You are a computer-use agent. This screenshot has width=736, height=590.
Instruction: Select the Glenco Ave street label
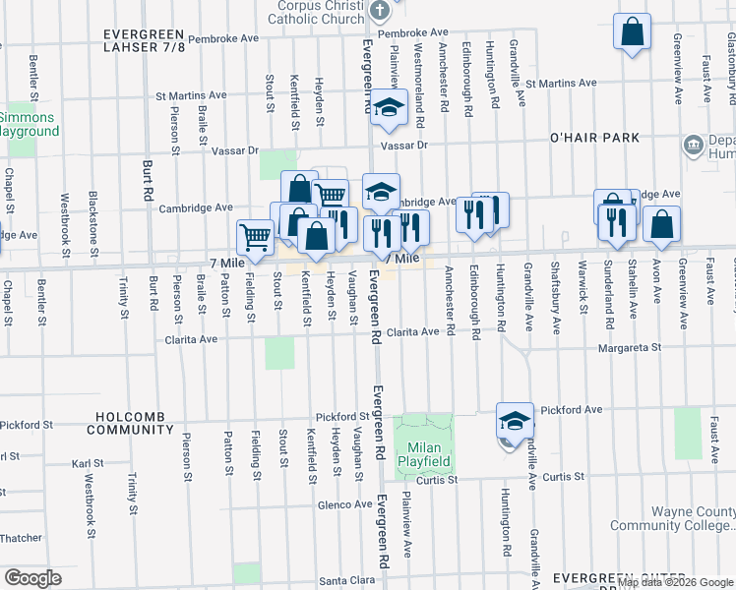[x=344, y=504]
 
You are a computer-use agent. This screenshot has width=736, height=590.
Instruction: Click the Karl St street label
[x=88, y=461]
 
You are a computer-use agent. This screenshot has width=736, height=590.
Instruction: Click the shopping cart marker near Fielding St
[x=255, y=236]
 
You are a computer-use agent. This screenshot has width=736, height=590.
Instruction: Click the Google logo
[x=32, y=578]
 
